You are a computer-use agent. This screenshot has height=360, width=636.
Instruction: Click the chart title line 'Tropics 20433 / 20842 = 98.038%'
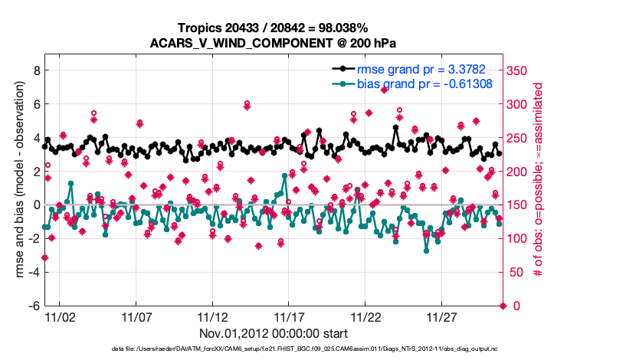[274, 28]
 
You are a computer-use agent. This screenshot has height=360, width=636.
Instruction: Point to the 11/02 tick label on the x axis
[61, 317]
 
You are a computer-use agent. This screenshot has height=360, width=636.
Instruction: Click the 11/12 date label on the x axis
[213, 317]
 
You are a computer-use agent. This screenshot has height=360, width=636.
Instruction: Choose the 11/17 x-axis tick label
[290, 317]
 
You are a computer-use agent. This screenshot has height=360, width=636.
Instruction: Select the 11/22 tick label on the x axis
[366, 317]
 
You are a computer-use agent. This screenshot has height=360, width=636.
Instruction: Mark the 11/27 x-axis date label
[442, 317]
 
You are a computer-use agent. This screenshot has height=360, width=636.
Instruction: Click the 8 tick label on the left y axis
[34, 70]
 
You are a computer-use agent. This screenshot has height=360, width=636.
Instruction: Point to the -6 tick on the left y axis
[32, 306]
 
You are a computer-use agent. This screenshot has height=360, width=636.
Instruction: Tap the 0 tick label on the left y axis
[34, 205]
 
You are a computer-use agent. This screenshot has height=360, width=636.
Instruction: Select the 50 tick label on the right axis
[515, 273]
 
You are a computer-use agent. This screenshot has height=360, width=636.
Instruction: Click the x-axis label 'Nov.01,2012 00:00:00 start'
[274, 333]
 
